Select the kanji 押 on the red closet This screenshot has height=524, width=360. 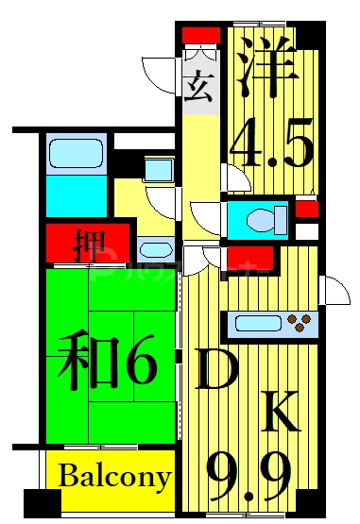click(x=89, y=244)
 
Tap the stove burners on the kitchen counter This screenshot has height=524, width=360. click(x=302, y=324)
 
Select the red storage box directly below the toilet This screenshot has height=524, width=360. click(x=252, y=258)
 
